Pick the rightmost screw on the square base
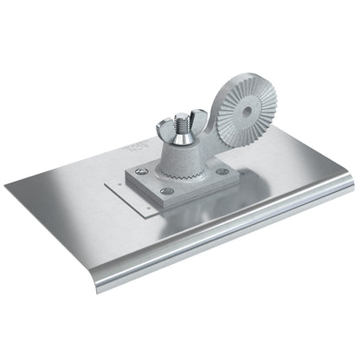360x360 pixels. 222,171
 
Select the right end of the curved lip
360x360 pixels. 349,182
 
